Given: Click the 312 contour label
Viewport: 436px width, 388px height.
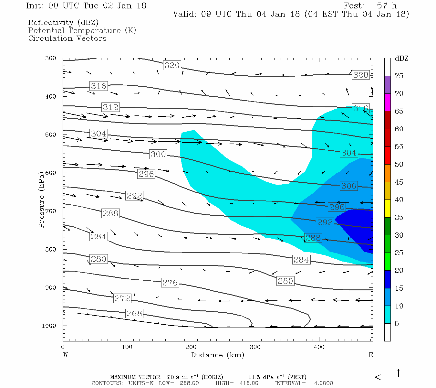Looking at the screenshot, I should point(111,107).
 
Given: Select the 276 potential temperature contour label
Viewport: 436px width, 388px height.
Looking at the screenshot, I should point(170,283).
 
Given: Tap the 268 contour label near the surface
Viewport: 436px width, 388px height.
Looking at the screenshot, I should point(134,313).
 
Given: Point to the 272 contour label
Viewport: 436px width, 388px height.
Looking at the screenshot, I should point(122,298).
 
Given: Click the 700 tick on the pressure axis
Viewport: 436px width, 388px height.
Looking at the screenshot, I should point(50,211).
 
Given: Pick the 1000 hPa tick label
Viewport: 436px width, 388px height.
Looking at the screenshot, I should point(49,326).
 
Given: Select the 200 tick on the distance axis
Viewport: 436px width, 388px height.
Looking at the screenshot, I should point(191,347).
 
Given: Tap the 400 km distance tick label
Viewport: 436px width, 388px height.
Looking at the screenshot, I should point(319,347).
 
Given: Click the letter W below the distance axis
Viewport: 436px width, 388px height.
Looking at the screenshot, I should point(66,355).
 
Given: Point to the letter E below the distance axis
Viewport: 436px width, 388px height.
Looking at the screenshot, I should point(371,355).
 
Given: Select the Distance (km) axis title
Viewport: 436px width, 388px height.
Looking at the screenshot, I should point(217,355).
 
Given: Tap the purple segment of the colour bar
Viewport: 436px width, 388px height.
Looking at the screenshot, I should point(387,85).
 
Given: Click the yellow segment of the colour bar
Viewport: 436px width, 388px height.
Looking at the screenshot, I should point(387,209).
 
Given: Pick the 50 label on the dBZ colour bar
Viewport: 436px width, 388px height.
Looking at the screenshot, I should point(399,165).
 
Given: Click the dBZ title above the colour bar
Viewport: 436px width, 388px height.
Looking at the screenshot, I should point(401,59).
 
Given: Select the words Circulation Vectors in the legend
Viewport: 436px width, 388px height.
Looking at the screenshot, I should point(67,38).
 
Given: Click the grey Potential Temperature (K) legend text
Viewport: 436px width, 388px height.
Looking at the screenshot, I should point(82,30).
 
